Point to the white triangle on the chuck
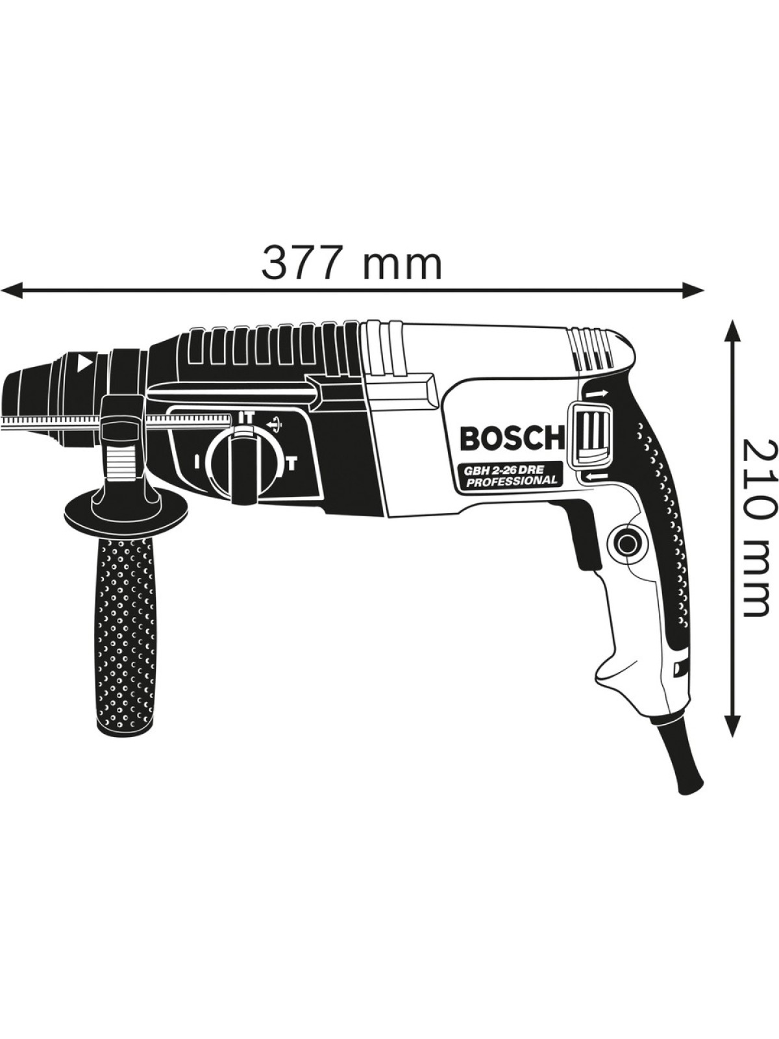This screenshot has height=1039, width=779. coord(82,362)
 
